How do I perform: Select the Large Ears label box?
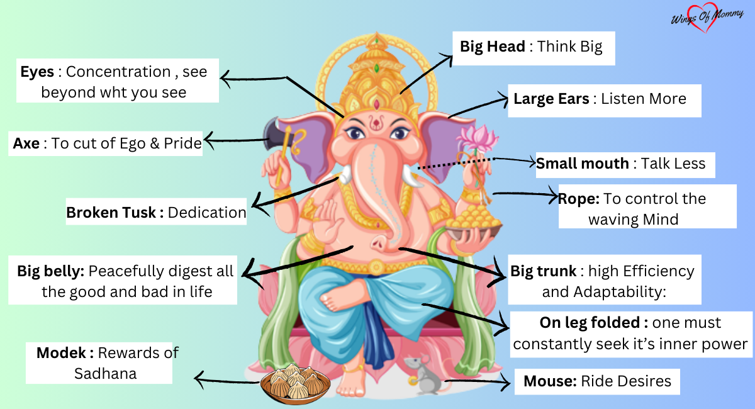click(x=600, y=99)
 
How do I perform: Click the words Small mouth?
click(x=582, y=164)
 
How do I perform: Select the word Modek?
click(x=65, y=353)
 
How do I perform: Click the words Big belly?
click(x=50, y=272)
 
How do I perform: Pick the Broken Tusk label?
click(x=115, y=213)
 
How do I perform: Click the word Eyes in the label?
click(x=37, y=72)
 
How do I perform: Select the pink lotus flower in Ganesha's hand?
click(x=478, y=138)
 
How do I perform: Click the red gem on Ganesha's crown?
click(x=376, y=104)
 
